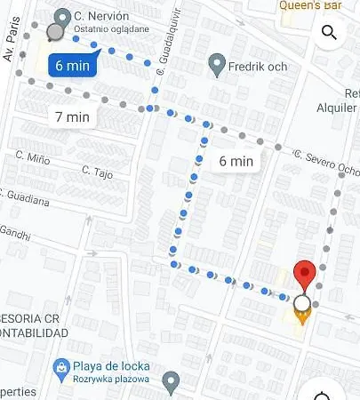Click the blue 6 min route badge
[72, 65]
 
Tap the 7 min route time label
[72, 116]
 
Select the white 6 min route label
[236, 161]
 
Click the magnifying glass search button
[329, 34]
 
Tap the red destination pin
[305, 275]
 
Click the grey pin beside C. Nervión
[62, 17]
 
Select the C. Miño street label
[31, 157]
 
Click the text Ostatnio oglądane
[111, 28]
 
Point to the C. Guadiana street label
[27, 200]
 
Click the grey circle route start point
[54, 33]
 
